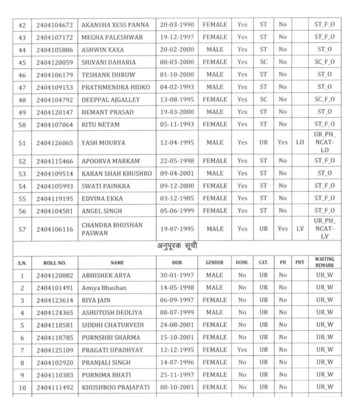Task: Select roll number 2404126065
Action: pos(54,142)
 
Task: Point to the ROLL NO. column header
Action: pos(54,262)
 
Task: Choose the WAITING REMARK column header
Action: pos(324,262)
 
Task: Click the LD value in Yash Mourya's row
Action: pos(299,142)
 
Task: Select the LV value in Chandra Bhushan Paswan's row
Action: pos(299,229)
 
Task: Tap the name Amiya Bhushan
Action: pos(104,288)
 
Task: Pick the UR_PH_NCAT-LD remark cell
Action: pos(324,142)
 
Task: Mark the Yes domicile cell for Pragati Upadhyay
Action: pos(242,350)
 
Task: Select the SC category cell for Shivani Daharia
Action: pos(263,62)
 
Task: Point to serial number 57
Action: pos(21,229)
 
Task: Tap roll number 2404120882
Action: pos(54,275)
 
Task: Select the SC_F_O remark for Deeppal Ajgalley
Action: pos(324,99)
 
